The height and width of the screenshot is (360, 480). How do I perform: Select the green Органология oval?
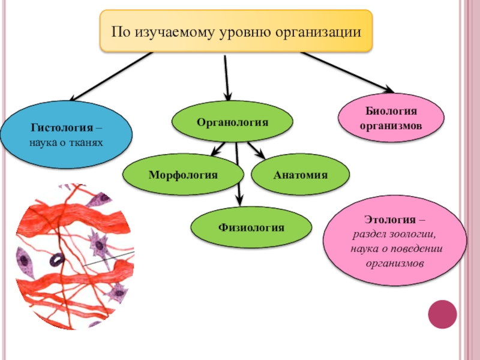(233, 122)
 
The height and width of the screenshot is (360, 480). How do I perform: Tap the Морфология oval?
(183, 175)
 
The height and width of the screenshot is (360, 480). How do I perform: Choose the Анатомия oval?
(300, 175)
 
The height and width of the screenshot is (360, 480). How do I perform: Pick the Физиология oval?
(251, 227)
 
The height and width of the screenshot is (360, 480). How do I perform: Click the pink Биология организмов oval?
(391, 118)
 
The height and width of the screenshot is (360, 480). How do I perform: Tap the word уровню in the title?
(245, 30)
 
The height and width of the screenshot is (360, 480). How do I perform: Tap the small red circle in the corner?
(442, 314)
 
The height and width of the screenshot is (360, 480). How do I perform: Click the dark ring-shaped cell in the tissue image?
(57, 259)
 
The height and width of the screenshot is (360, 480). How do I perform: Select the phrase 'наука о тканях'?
(66, 143)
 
